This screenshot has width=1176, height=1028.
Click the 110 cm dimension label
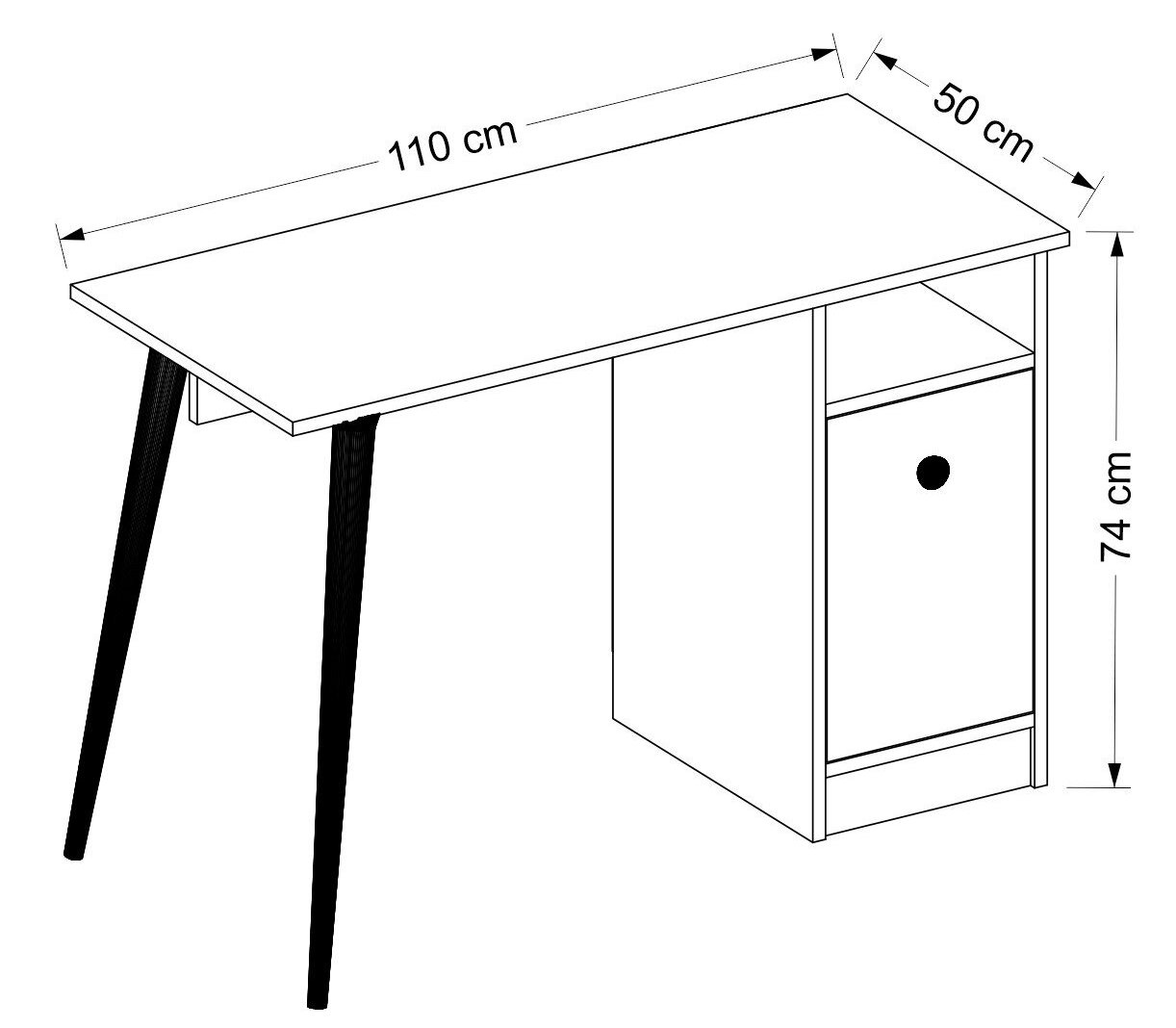(x=453, y=146)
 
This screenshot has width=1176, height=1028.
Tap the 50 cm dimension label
(x=983, y=122)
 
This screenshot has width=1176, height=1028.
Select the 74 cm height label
(x=1116, y=506)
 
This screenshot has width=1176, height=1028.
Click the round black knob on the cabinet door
(x=933, y=472)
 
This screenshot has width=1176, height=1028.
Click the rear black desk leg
(x=123, y=604)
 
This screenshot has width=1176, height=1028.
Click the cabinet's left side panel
(x=713, y=598)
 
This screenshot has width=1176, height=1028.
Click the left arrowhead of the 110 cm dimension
(x=72, y=234)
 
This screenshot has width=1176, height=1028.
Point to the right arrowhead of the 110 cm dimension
(x=822, y=54)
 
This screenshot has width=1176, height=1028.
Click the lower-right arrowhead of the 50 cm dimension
(x=1084, y=181)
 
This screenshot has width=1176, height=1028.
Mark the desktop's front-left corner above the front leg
(x=294, y=435)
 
